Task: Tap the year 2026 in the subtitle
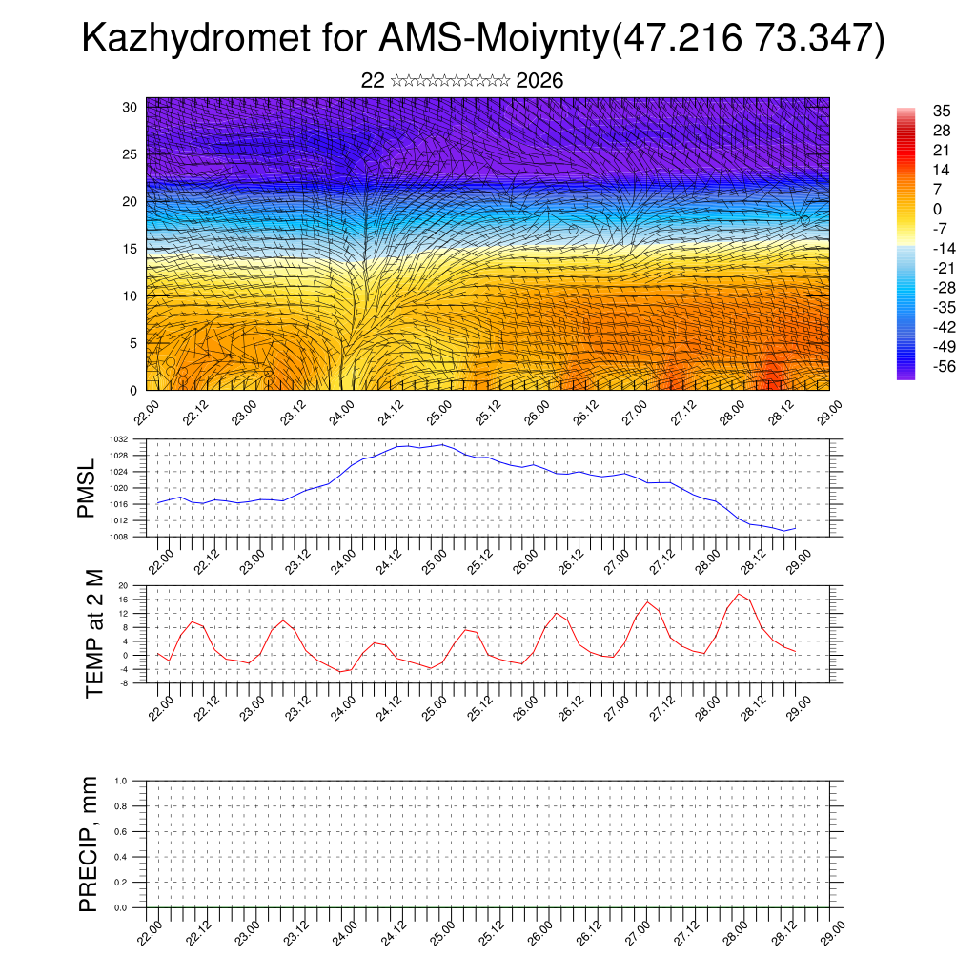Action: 539,81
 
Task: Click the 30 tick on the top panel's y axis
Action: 131,107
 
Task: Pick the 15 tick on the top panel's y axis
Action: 131,249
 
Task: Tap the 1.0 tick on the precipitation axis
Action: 121,781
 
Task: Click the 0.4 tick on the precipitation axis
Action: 121,857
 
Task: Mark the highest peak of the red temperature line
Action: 739,594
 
